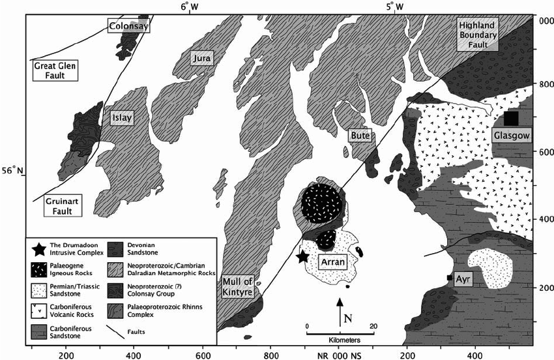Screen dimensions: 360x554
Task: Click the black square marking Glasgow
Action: [511, 118]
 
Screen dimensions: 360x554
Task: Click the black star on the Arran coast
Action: [302, 256]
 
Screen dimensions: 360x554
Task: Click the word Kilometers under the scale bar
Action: [339, 340]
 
